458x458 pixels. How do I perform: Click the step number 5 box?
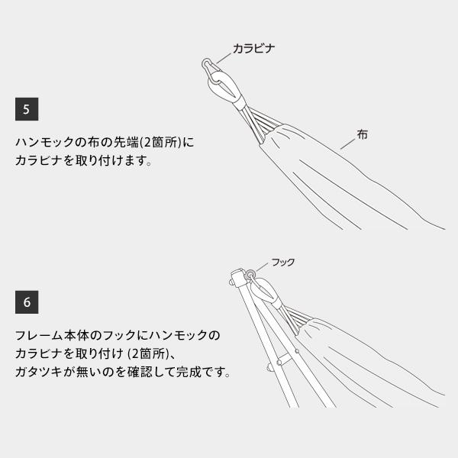click(27, 109)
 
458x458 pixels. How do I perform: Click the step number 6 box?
click(27, 302)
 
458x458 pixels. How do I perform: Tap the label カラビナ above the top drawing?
click(253, 48)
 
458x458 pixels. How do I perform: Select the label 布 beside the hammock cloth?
click(362, 134)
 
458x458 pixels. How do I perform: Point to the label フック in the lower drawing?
click(283, 262)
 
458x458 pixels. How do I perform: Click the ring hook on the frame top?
click(250, 275)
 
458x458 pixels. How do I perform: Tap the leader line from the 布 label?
click(347, 144)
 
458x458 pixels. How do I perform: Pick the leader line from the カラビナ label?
click(224, 59)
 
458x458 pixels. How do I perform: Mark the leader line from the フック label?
click(263, 267)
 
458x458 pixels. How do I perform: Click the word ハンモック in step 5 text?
click(44, 142)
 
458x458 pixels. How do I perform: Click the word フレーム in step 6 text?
click(39, 335)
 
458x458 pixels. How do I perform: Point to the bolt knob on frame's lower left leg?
click(269, 367)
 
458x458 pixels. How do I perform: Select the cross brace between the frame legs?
click(287, 357)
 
